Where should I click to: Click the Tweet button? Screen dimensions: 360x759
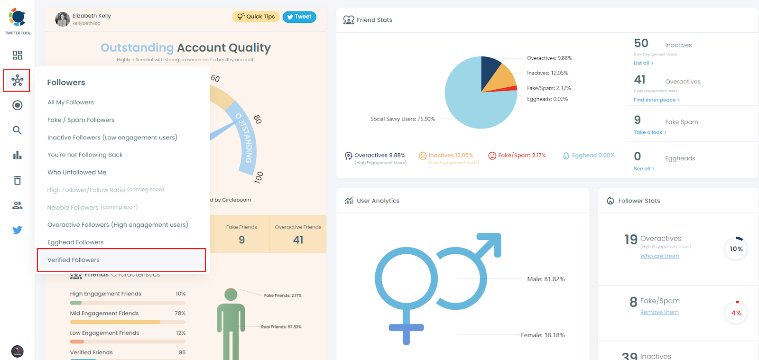click(x=299, y=17)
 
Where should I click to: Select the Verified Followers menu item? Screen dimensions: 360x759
click(x=74, y=260)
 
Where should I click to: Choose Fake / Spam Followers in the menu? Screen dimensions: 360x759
click(x=81, y=120)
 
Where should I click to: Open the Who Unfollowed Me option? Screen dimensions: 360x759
click(x=77, y=173)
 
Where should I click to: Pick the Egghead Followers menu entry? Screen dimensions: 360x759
click(x=75, y=242)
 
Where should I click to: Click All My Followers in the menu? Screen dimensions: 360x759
click(x=71, y=102)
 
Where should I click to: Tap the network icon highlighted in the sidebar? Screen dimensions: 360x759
click(x=17, y=80)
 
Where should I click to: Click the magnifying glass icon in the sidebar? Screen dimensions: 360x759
click(x=17, y=130)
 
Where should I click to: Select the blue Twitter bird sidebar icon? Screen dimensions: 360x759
click(x=17, y=230)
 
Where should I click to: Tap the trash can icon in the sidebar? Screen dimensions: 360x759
click(x=17, y=180)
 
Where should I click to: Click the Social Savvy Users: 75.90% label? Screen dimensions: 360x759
click(x=402, y=119)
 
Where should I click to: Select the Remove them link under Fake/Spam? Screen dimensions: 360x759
click(x=659, y=312)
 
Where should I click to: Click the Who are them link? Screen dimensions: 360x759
click(x=659, y=256)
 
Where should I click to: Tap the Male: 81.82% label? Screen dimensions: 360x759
click(x=546, y=279)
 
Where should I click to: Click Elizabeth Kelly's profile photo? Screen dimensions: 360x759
click(x=63, y=19)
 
